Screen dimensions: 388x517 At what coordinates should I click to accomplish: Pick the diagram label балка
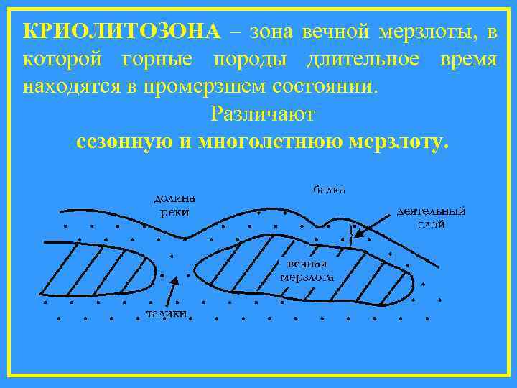point(329,190)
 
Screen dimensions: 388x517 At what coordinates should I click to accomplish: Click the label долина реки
point(175,205)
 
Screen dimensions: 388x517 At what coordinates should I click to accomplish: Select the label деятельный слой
point(431,217)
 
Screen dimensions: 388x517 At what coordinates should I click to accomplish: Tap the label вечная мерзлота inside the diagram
point(306,269)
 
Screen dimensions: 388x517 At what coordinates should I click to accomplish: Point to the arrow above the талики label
point(171,291)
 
